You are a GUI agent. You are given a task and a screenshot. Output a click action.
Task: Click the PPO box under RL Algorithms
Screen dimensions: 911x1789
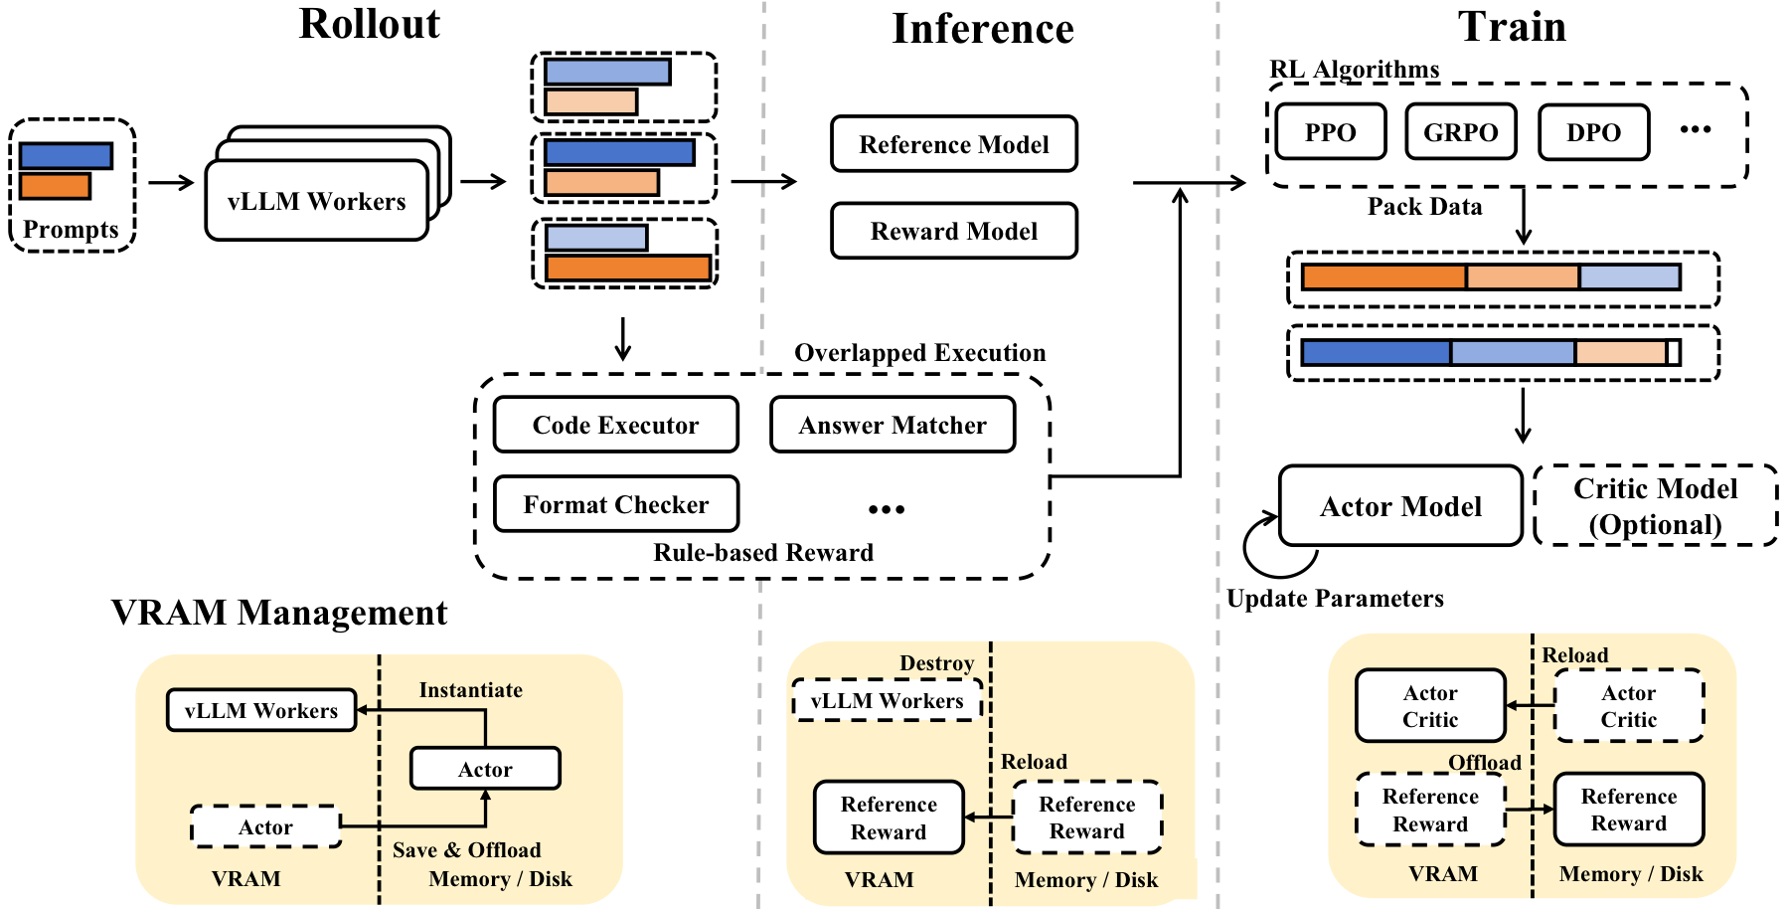[x=1330, y=132]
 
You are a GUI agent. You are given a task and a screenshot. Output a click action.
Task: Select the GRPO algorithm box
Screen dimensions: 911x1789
[x=1460, y=132]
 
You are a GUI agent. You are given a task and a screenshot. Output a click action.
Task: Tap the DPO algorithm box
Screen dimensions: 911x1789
[x=1593, y=132]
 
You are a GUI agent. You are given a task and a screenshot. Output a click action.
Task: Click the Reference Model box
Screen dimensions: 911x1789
[x=954, y=145]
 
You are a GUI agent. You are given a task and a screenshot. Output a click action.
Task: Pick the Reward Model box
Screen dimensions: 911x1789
[x=954, y=232]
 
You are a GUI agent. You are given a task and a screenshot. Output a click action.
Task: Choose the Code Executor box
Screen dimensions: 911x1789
[x=615, y=426]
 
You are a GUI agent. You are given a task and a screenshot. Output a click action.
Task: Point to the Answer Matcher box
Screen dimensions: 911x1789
[x=893, y=426]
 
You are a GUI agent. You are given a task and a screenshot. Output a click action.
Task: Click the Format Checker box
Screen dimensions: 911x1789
[x=615, y=505]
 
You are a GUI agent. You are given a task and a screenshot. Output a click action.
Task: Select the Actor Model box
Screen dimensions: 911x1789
[x=1400, y=507]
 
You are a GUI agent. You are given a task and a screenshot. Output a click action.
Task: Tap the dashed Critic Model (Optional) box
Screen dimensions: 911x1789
[x=1655, y=506]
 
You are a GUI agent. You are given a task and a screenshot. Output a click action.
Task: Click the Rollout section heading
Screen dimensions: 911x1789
[x=370, y=25]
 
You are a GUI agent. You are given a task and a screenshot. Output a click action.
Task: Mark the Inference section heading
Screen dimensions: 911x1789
[x=983, y=29]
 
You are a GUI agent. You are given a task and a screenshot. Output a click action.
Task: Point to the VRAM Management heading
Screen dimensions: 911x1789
[x=279, y=613]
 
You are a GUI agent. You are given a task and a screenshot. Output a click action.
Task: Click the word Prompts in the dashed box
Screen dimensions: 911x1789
[x=71, y=230]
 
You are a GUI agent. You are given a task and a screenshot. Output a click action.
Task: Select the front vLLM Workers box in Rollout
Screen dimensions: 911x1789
[x=316, y=202]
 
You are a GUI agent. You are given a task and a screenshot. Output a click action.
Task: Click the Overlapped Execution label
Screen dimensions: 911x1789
[x=919, y=353]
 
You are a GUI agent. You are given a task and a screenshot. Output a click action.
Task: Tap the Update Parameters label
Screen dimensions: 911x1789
[x=1335, y=599]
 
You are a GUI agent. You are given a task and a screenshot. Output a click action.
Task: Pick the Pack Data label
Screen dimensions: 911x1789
[x=1424, y=207]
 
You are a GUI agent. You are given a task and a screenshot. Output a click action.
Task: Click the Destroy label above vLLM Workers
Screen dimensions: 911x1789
[x=936, y=663]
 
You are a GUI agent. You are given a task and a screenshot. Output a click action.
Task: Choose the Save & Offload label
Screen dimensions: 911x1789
[x=466, y=850]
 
